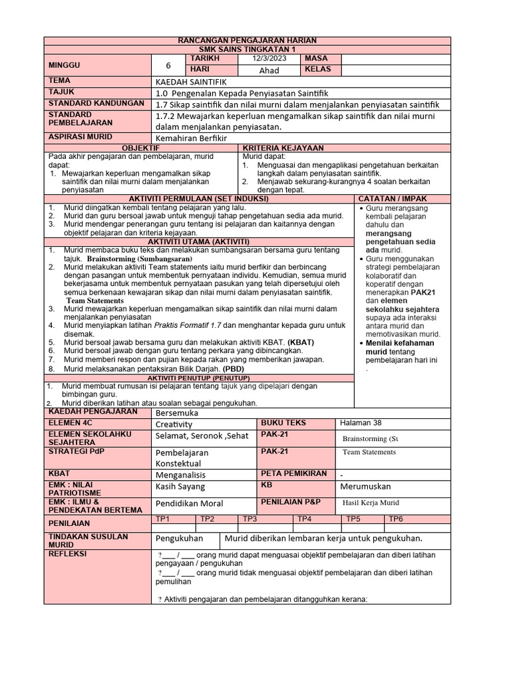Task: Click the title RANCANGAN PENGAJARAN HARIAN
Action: click(x=248, y=41)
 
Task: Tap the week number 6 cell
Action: click(x=168, y=65)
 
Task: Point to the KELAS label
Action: click(x=317, y=69)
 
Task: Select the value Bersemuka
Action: click(x=176, y=412)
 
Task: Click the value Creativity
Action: click(x=174, y=424)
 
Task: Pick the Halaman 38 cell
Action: click(x=361, y=422)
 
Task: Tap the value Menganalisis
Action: click(x=180, y=475)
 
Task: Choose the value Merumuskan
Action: click(x=365, y=487)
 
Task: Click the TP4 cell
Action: click(x=304, y=519)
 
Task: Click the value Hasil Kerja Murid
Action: click(x=371, y=503)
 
